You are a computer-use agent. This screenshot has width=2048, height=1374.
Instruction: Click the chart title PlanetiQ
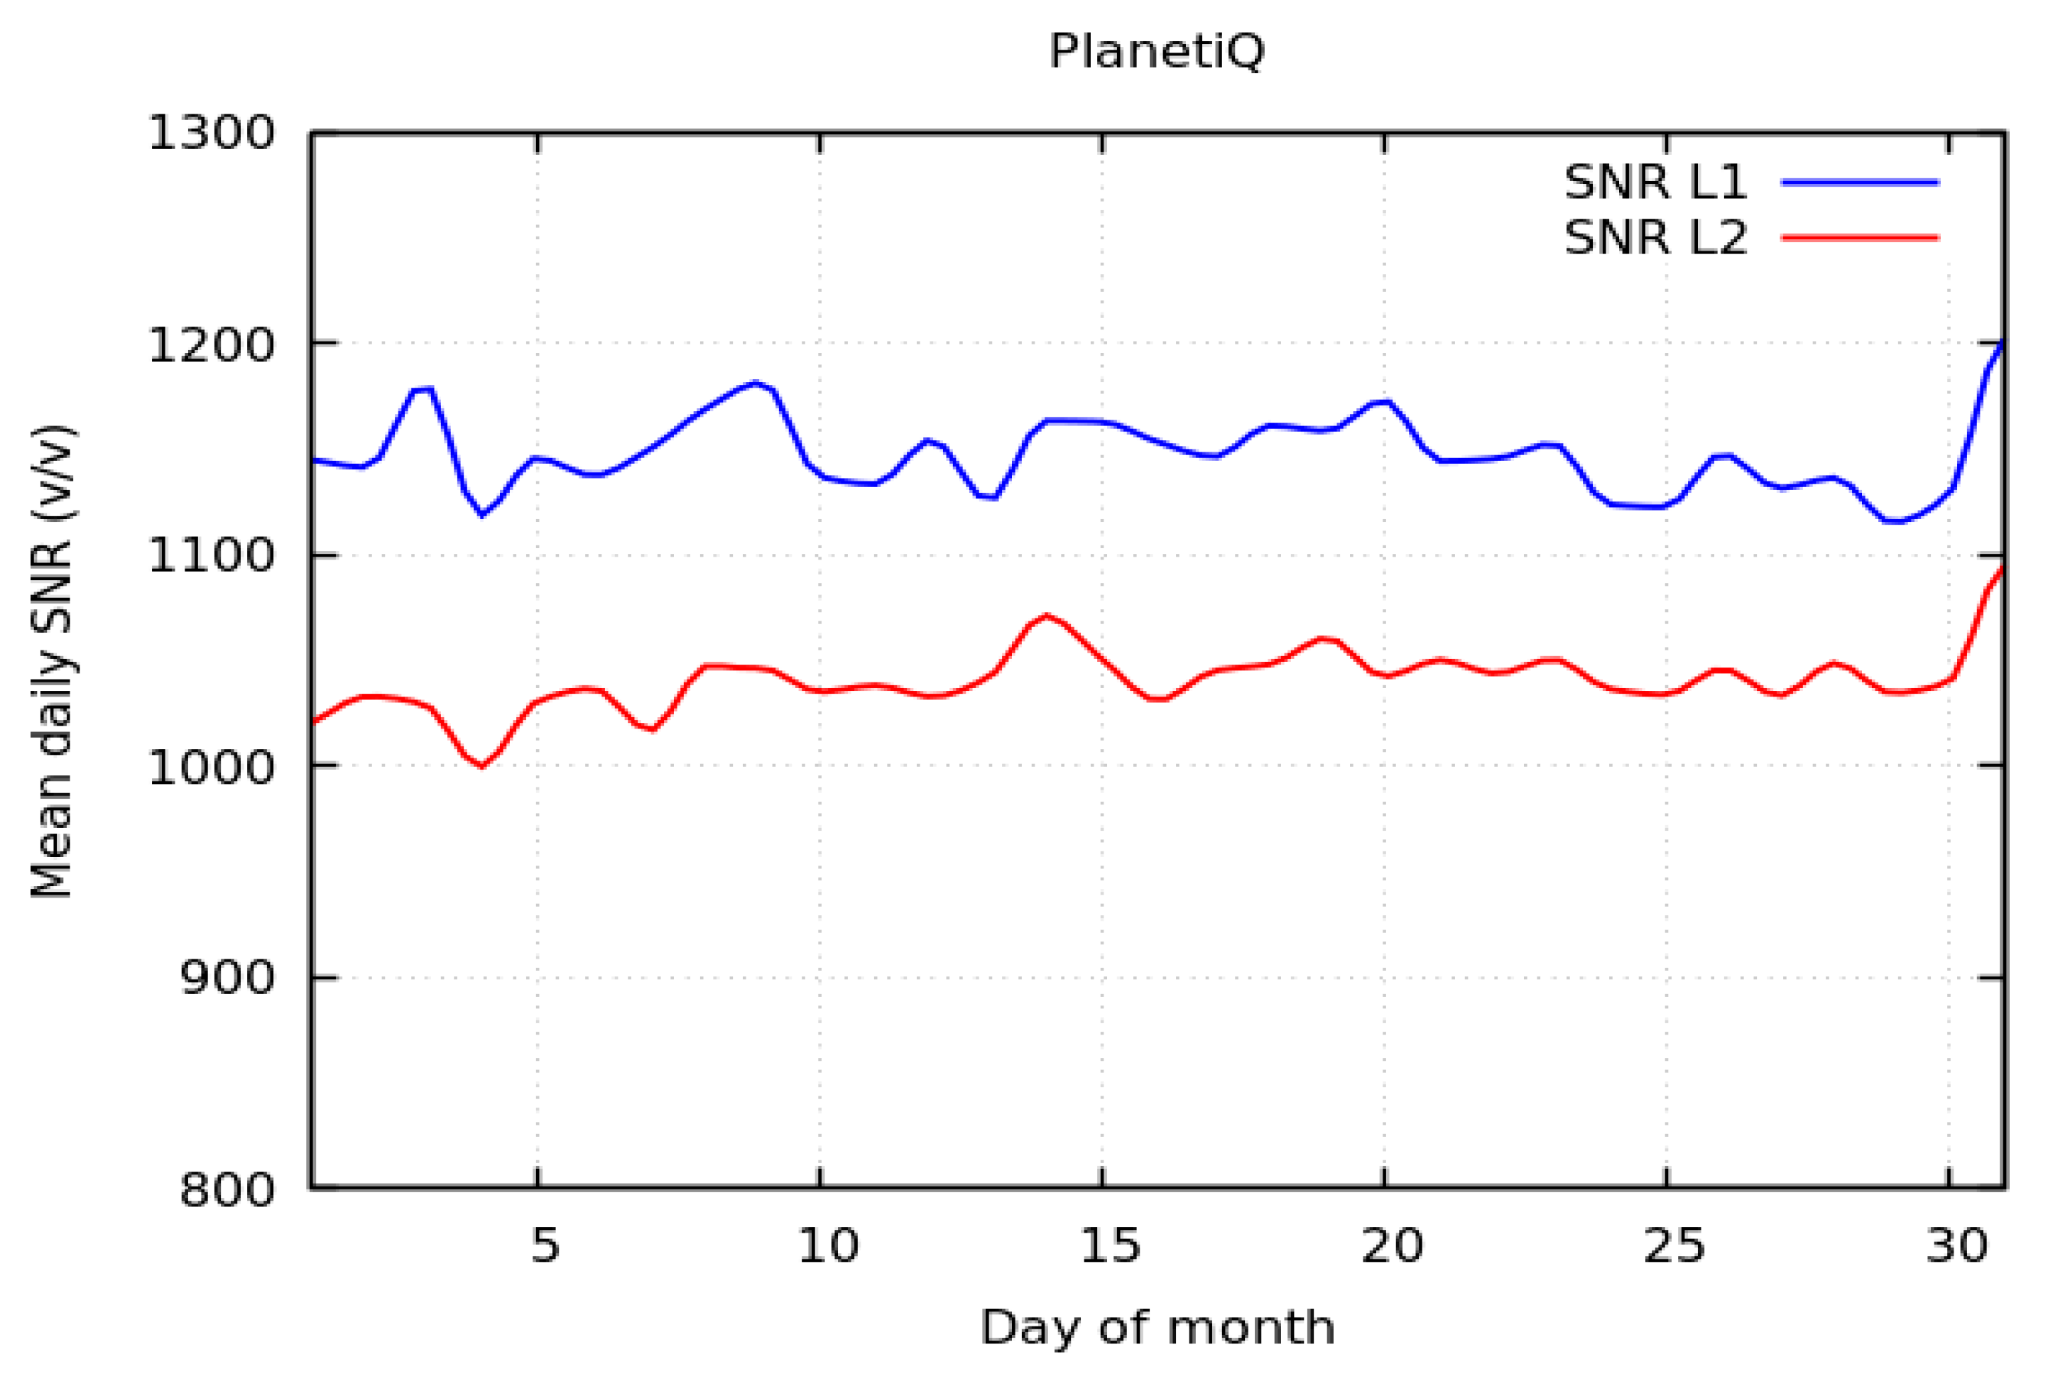click(x=1156, y=52)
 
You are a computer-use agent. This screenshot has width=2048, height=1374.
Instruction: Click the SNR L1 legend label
click(x=1655, y=183)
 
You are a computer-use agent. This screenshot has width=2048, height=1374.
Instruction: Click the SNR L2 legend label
click(x=1655, y=237)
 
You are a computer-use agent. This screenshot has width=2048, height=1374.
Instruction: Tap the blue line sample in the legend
click(x=1860, y=183)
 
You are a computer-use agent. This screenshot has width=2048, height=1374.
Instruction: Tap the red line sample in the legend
click(x=1860, y=237)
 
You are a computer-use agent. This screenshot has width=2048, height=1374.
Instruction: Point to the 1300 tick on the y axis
click(x=211, y=134)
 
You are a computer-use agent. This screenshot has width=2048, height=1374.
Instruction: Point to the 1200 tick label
click(x=211, y=344)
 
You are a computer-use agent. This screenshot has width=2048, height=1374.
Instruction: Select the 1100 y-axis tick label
click(x=211, y=555)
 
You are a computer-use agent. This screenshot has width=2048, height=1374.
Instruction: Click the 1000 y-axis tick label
click(x=211, y=767)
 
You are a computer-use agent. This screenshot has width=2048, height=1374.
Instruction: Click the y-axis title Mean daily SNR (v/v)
click(x=52, y=662)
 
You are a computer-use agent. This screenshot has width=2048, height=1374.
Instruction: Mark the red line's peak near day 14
click(x=1045, y=615)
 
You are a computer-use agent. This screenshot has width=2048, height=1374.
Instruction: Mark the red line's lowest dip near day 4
click(x=481, y=767)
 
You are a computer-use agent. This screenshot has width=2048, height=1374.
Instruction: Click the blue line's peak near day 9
click(x=756, y=383)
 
